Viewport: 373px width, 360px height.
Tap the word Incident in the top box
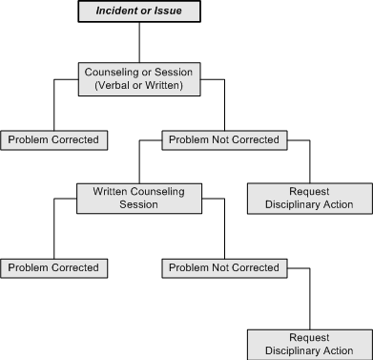[120, 11]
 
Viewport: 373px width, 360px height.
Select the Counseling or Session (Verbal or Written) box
[140, 77]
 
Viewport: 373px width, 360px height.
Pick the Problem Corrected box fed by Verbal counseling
[53, 140]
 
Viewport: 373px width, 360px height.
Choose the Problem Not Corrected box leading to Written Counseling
[223, 140]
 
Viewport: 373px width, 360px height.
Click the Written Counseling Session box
[140, 197]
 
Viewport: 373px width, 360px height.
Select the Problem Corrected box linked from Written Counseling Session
[53, 268]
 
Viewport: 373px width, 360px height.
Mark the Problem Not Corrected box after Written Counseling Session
[223, 268]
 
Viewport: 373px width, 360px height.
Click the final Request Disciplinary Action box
[310, 344]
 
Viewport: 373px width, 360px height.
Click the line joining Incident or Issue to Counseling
[139, 41]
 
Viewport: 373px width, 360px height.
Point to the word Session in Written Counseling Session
[140, 203]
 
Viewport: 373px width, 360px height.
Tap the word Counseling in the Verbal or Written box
[114, 71]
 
